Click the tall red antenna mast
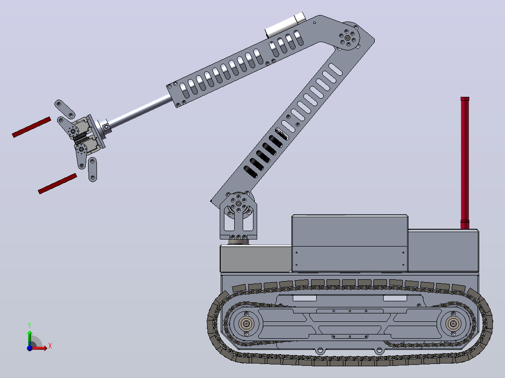[x=465, y=163]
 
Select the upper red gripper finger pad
[x=31, y=127]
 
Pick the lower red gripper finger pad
[x=58, y=184]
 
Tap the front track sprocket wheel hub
[x=246, y=324]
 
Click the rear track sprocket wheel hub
[x=453, y=324]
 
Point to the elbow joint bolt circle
[x=348, y=37]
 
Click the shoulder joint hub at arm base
[x=238, y=204]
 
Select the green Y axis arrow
[x=30, y=338]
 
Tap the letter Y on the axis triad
[x=30, y=325]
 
